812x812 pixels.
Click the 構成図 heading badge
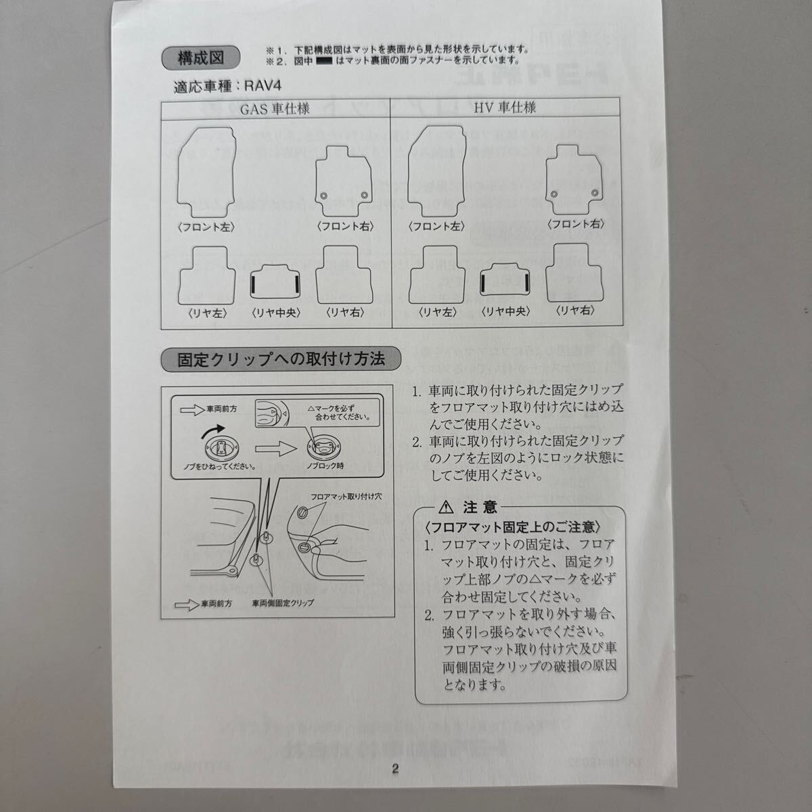pos(200,58)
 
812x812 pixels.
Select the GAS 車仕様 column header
pos(276,107)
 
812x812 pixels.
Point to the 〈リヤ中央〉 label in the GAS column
pos(276,313)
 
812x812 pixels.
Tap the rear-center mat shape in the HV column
pos(505,279)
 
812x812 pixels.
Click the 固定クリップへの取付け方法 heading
pos(281,359)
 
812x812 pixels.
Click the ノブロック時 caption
pos(325,467)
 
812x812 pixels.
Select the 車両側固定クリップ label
pos(283,603)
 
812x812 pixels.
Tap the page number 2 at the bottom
pos(396,768)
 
